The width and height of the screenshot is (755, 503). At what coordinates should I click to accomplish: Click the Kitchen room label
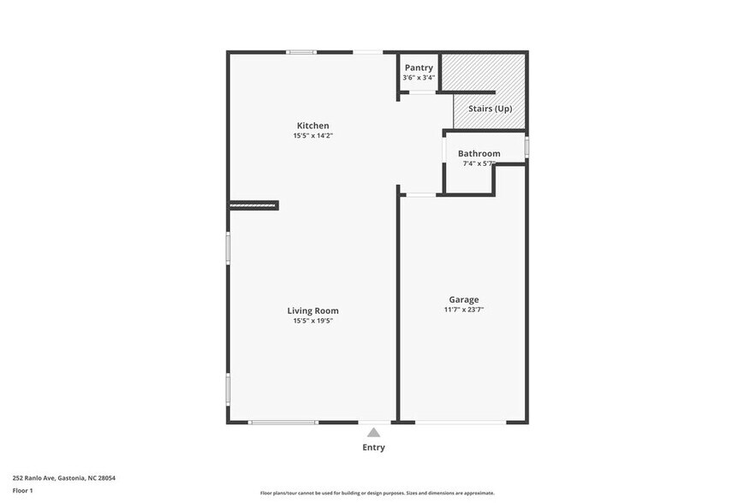pyautogui.click(x=312, y=126)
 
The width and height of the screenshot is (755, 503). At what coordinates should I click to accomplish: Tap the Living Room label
pyautogui.click(x=312, y=311)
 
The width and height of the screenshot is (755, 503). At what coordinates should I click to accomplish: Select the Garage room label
pyautogui.click(x=464, y=299)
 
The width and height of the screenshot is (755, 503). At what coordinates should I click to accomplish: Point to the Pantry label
pyautogui.click(x=419, y=68)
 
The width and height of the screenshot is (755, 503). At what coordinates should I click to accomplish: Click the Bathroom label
pyautogui.click(x=479, y=154)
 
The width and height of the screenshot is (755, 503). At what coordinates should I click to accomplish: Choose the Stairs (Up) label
pyautogui.click(x=490, y=109)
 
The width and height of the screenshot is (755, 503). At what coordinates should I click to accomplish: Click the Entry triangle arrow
pyautogui.click(x=373, y=433)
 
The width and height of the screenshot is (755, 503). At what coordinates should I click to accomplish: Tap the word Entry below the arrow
pyautogui.click(x=373, y=447)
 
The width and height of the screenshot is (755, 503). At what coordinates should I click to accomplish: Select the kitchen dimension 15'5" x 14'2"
pyautogui.click(x=312, y=136)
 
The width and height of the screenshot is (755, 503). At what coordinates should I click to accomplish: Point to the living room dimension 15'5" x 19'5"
pyautogui.click(x=312, y=321)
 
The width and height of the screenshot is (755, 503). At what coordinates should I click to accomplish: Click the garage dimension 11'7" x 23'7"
pyautogui.click(x=464, y=310)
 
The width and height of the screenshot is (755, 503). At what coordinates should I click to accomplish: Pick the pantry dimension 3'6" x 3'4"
pyautogui.click(x=419, y=78)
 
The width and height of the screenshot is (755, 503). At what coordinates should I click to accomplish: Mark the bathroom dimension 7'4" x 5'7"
pyautogui.click(x=479, y=163)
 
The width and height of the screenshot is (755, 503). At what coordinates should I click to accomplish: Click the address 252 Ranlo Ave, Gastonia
pyautogui.click(x=63, y=478)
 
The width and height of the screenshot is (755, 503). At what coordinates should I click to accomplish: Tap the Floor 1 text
pyautogui.click(x=22, y=490)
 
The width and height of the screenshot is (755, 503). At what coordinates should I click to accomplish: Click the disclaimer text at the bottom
pyautogui.click(x=377, y=493)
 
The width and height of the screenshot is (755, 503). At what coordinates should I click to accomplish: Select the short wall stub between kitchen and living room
pyautogui.click(x=254, y=204)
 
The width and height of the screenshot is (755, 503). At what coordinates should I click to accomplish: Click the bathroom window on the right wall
pyautogui.click(x=526, y=146)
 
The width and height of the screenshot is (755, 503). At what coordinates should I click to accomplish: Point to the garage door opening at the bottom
pyautogui.click(x=461, y=422)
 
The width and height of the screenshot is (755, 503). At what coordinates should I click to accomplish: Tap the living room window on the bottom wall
pyautogui.click(x=282, y=422)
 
